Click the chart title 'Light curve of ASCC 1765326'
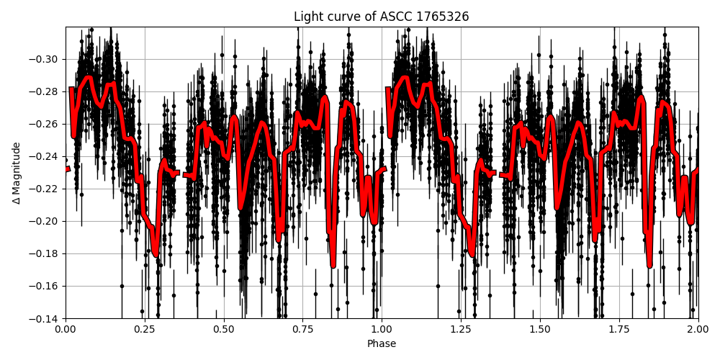tap(382, 17)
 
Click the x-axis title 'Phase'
tap(382, 343)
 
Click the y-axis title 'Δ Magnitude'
tap(17, 173)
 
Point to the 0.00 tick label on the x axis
tap(66, 329)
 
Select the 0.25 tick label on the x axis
tap(145, 329)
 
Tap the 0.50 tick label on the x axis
tap(224, 329)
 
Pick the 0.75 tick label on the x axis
tap(302, 329)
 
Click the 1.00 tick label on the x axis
tap(382, 329)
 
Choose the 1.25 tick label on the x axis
tap(461, 329)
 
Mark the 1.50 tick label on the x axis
tap(540, 329)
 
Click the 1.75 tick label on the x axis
tap(619, 329)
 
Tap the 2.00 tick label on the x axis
tap(698, 329)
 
